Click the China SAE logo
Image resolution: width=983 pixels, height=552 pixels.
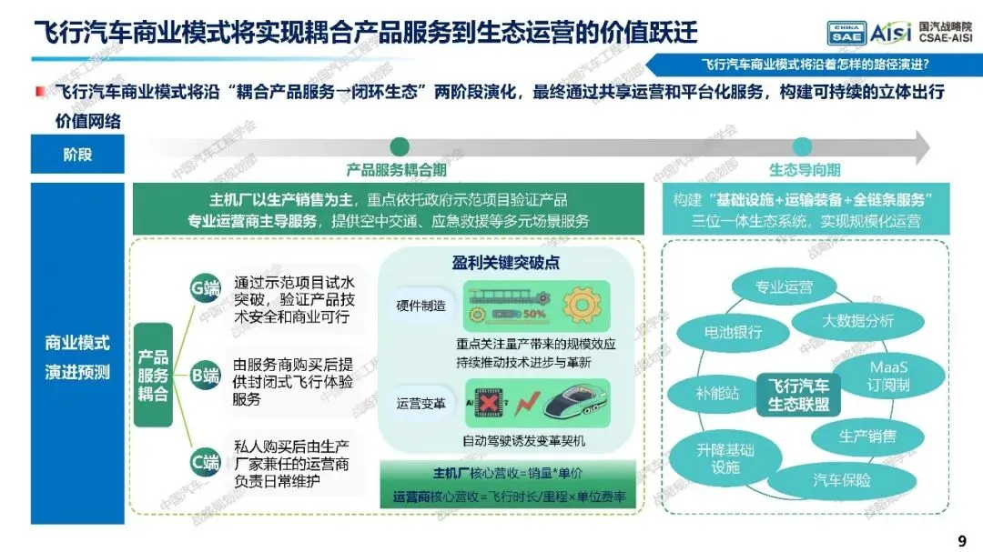[845, 33]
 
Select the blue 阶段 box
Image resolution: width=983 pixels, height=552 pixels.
[77, 155]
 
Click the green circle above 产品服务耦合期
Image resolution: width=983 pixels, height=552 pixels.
[399, 147]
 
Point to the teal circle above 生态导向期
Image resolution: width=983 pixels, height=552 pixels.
[802, 147]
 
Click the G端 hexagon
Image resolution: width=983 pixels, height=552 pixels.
[205, 289]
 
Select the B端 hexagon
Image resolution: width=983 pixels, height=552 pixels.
[205, 374]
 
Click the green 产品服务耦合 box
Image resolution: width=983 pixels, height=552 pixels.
[153, 375]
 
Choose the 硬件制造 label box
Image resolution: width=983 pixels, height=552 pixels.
[421, 306]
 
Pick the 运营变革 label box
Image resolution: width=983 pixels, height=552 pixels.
[421, 402]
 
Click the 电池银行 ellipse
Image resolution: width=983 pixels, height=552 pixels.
[733, 333]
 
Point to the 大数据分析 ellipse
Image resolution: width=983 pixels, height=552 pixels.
[857, 320]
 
